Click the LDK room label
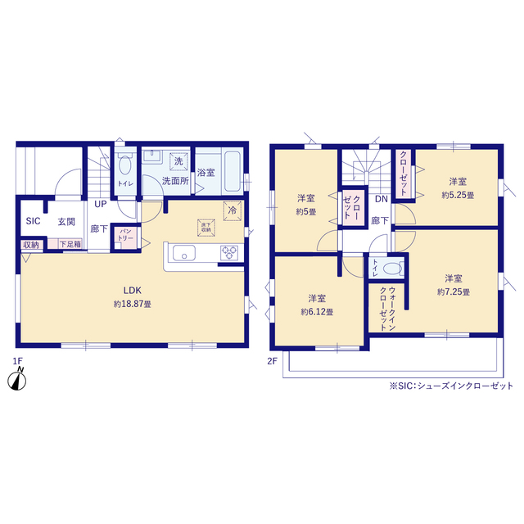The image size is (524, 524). [x=133, y=289]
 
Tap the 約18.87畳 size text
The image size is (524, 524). [x=133, y=303]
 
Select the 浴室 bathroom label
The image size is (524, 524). [x=206, y=173]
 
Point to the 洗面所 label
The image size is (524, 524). [x=174, y=180]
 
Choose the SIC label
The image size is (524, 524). [x=33, y=221]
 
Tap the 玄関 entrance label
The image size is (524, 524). [x=66, y=221]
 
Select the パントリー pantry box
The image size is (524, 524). [x=126, y=235]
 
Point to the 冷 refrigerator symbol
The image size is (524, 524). [x=233, y=210]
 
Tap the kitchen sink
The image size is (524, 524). [x=182, y=253]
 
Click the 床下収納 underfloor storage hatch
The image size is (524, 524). [x=205, y=228]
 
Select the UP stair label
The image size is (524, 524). [x=100, y=205]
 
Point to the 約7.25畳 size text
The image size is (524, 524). [x=453, y=291]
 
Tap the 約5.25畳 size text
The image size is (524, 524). [x=457, y=195]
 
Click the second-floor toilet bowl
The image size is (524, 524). [x=392, y=267]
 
